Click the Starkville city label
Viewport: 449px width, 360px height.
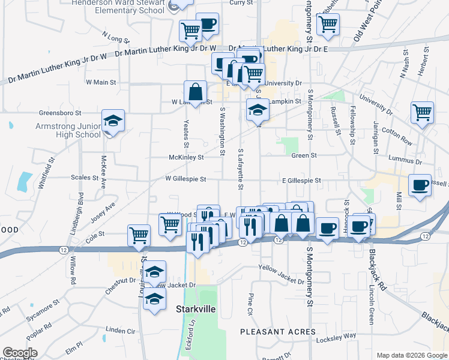195,310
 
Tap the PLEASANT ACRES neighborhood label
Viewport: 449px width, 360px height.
277,332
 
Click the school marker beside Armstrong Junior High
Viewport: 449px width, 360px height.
113,121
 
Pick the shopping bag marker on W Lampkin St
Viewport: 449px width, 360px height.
196,92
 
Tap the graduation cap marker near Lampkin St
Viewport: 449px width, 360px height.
257,110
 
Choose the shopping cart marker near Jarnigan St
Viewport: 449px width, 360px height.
423,112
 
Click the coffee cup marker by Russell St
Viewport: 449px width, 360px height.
420,185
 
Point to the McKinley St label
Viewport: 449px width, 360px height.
186,157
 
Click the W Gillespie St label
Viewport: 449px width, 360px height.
185,179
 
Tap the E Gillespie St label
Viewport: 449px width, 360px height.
301,180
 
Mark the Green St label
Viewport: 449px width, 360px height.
304,155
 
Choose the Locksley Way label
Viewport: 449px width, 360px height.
341,336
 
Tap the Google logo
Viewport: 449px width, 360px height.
20,353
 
